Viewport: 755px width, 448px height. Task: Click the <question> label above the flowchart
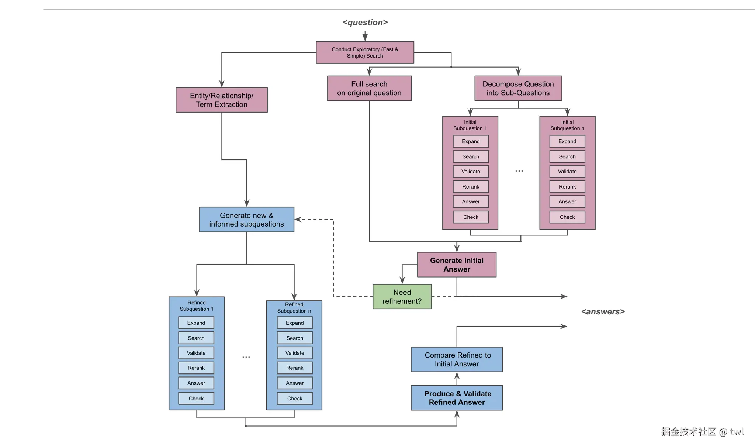tap(365, 23)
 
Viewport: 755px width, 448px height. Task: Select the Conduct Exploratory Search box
tap(365, 52)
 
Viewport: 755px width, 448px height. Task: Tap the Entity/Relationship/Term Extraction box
tap(222, 100)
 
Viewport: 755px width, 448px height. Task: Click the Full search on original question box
tap(369, 89)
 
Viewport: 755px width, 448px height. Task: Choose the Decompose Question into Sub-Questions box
tap(518, 89)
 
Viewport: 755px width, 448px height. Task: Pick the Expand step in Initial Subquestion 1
tap(471, 141)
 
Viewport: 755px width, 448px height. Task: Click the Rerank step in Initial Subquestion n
tap(567, 187)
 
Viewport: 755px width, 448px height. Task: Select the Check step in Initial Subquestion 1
tap(471, 217)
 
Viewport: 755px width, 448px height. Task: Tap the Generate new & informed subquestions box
tap(246, 220)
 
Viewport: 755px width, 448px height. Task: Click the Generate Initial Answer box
tap(457, 265)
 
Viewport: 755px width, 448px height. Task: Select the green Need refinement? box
tap(402, 297)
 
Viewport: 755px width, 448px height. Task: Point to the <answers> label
tap(603, 312)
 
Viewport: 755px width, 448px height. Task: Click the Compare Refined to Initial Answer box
tap(457, 359)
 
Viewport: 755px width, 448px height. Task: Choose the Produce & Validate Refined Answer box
tap(457, 398)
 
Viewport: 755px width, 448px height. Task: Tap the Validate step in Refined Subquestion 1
tap(196, 353)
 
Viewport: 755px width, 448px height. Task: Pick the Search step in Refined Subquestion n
tap(295, 338)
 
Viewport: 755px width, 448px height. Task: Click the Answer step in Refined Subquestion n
tap(295, 383)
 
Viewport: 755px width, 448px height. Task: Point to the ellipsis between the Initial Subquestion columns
tap(519, 171)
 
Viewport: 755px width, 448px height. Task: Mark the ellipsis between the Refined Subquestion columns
tap(246, 357)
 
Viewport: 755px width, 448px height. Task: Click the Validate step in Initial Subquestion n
tap(567, 172)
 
